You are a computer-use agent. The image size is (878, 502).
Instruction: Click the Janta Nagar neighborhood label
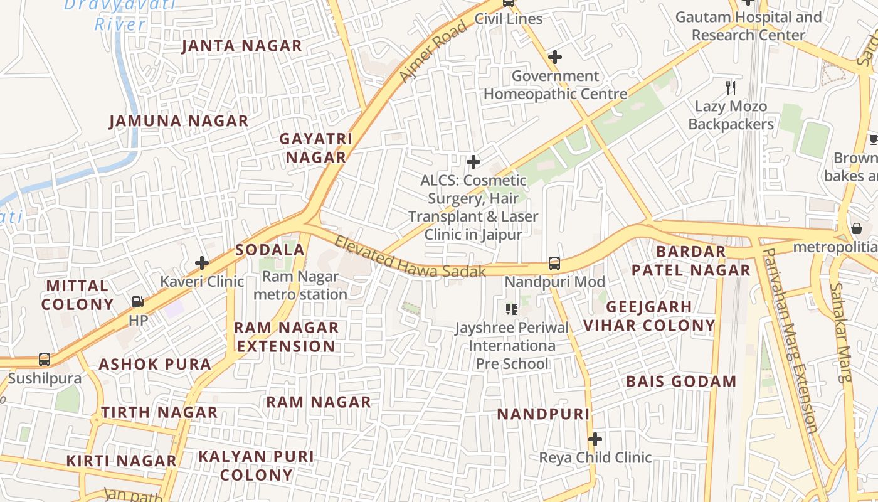click(x=241, y=46)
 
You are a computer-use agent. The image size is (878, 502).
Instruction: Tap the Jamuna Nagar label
click(x=179, y=121)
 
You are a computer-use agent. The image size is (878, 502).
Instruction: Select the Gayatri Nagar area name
click(x=316, y=148)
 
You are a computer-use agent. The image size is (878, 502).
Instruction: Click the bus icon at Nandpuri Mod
click(x=554, y=264)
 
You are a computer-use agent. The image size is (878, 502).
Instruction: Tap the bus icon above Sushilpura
click(x=45, y=360)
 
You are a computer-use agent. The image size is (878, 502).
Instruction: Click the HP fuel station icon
click(x=138, y=302)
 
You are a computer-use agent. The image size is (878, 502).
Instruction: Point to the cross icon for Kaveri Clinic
click(x=202, y=262)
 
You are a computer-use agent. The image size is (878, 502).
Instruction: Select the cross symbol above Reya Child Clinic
click(x=595, y=439)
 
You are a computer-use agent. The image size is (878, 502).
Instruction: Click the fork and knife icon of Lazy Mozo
click(x=730, y=87)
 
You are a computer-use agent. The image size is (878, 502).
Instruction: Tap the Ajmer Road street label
click(x=433, y=51)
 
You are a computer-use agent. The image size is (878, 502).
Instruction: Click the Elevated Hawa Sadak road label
click(x=410, y=257)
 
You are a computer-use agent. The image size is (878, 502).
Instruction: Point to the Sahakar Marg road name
click(x=842, y=332)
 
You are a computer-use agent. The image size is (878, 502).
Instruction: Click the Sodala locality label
click(x=270, y=250)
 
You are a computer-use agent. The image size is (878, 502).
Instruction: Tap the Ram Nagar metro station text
click(x=300, y=286)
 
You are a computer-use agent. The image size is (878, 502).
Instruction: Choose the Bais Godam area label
click(x=681, y=382)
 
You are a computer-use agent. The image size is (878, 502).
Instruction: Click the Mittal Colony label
click(x=78, y=296)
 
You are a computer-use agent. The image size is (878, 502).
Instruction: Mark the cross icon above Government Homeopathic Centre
click(x=554, y=57)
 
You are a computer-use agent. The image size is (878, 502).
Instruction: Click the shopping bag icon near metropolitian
click(x=857, y=228)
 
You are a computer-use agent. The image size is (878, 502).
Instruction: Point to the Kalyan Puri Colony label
click(x=257, y=466)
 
